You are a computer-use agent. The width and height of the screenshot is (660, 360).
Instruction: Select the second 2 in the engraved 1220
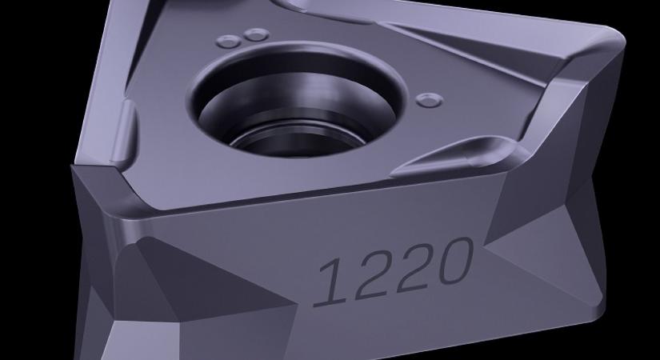(x=414, y=267)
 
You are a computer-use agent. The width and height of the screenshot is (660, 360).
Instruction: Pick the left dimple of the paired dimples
(x=229, y=42)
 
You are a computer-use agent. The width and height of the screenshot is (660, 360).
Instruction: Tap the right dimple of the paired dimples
(x=256, y=34)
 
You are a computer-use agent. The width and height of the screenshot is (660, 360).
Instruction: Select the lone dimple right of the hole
(x=430, y=100)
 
